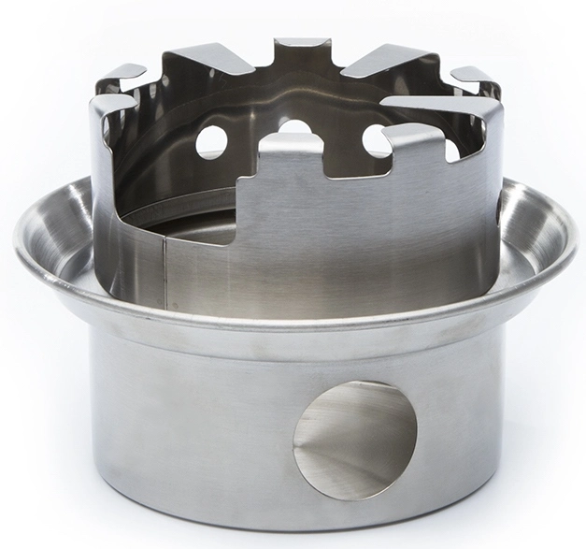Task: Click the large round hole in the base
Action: [354, 439]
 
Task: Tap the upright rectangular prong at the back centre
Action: [301, 51]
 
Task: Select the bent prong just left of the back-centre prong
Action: [209, 58]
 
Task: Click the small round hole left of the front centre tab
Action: [211, 141]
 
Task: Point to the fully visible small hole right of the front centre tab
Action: [376, 140]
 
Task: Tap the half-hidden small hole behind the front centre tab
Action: [295, 127]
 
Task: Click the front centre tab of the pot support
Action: [291, 150]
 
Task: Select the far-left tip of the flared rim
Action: [17, 241]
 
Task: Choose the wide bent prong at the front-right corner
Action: [439, 108]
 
